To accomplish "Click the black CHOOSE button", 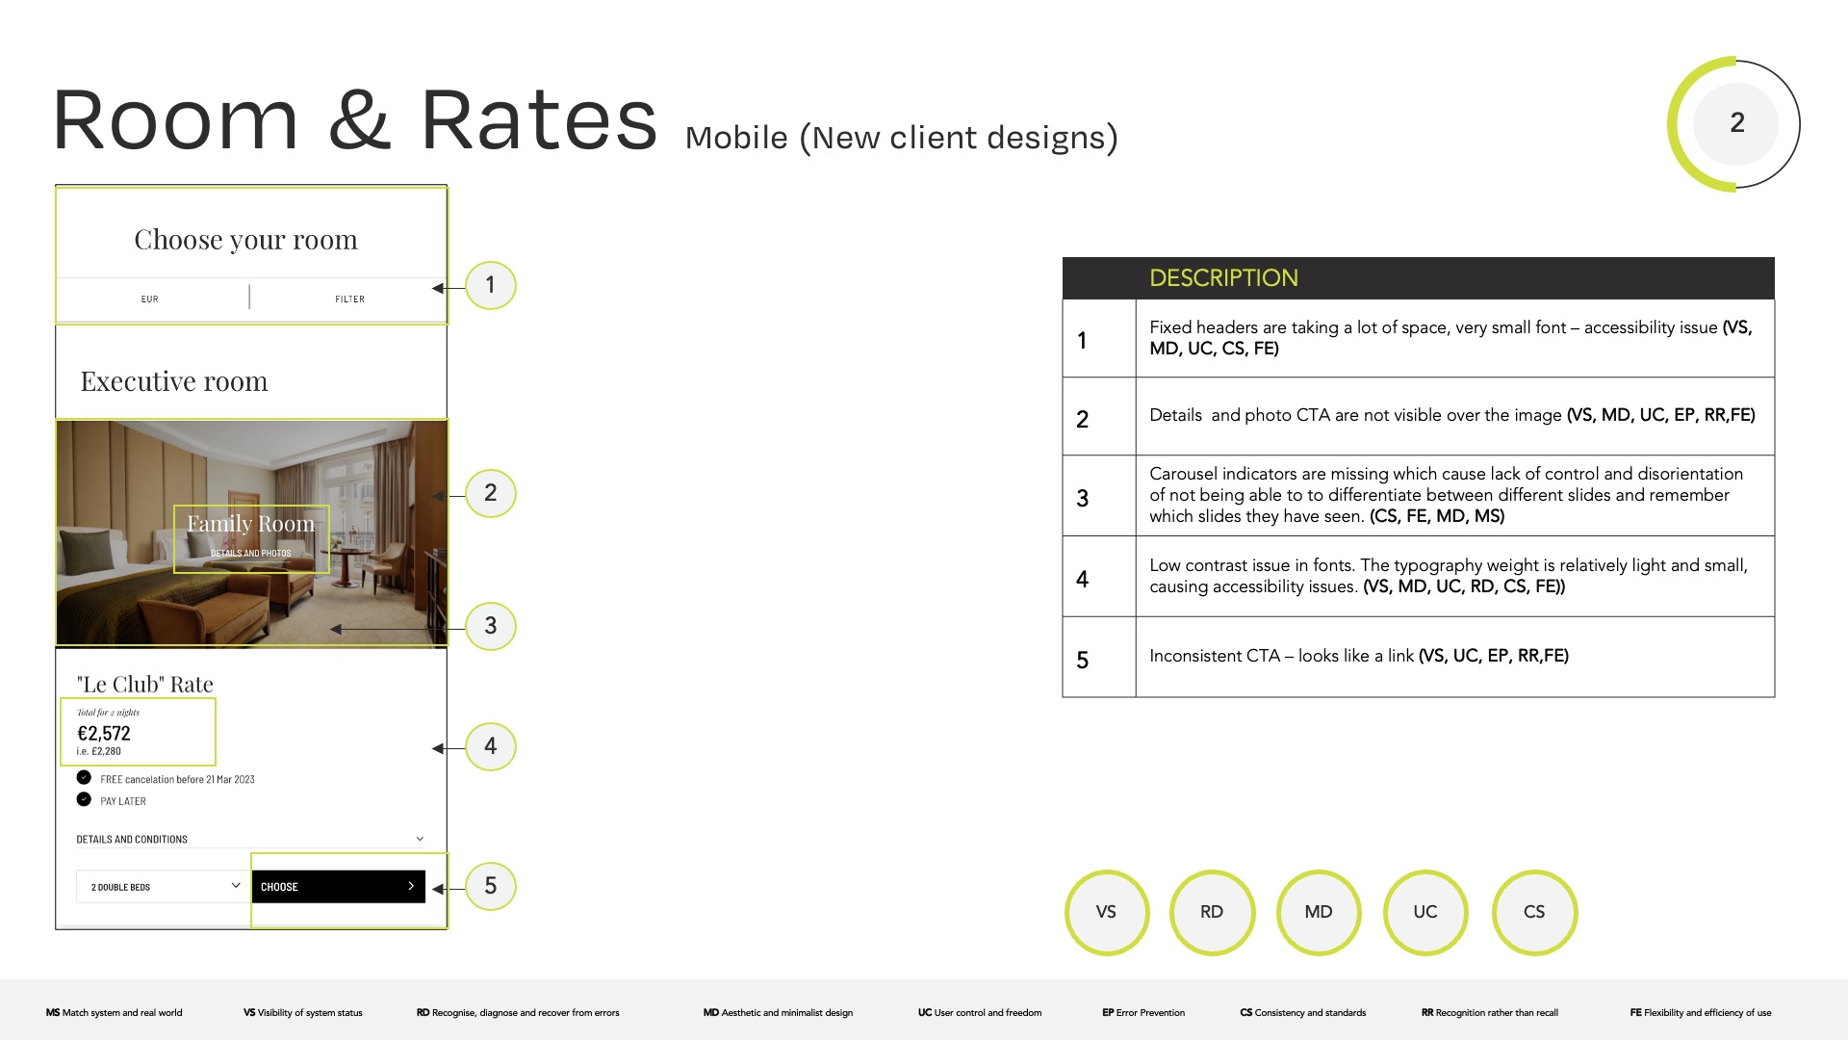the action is click(x=338, y=887).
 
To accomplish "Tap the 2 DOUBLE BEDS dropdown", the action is click(x=162, y=887).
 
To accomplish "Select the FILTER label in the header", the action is click(x=349, y=299).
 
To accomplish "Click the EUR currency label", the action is click(x=149, y=299).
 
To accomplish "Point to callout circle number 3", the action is click(x=491, y=626).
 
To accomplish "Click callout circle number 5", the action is click(x=491, y=886).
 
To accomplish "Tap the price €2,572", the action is click(x=104, y=734).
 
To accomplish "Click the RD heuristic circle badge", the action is click(x=1212, y=912).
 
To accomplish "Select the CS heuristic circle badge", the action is click(x=1534, y=912).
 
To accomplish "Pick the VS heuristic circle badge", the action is click(x=1107, y=912).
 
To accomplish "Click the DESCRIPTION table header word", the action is click(x=1223, y=278).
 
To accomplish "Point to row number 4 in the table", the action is click(x=1083, y=579).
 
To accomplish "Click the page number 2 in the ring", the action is click(x=1737, y=123).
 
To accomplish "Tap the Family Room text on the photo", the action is click(x=250, y=524).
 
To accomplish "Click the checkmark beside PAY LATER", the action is click(x=84, y=799).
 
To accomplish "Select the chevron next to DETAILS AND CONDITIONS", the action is click(x=420, y=839).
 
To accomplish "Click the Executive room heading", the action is click(x=174, y=381).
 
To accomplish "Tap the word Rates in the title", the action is click(x=539, y=119).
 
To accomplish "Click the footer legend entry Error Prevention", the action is click(x=1143, y=1013).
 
